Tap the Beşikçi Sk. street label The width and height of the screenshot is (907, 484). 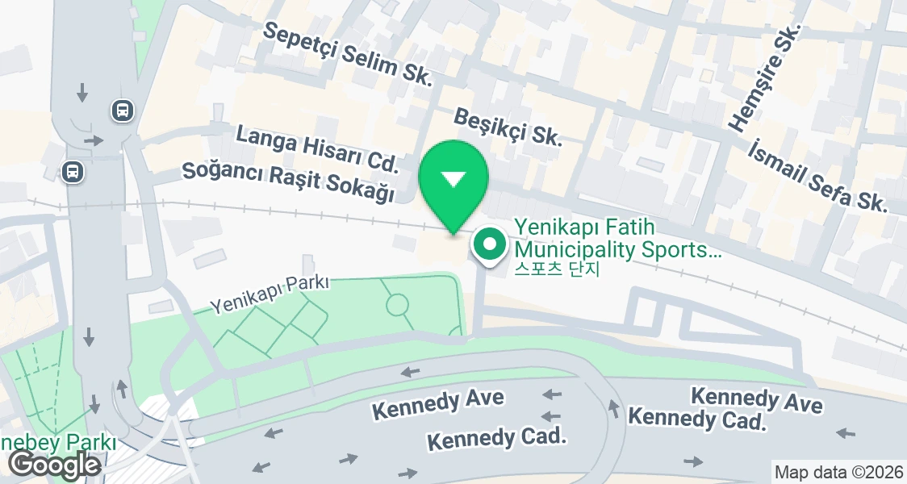[x=508, y=127]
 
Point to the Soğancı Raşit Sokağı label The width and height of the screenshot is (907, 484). [x=288, y=182]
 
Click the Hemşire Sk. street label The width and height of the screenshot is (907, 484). [x=764, y=77]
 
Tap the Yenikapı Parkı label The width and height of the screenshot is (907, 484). [x=270, y=294]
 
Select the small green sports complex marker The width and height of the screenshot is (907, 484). [x=489, y=244]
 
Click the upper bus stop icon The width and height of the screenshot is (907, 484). [x=123, y=110]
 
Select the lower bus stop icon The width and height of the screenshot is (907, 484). [x=73, y=171]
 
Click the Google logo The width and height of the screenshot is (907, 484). [x=54, y=465]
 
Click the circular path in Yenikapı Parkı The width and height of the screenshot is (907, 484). [x=396, y=305]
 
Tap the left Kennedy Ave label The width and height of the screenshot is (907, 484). [x=437, y=403]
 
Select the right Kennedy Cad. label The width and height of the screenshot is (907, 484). [x=696, y=418]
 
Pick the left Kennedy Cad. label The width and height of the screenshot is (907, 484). [x=496, y=439]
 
